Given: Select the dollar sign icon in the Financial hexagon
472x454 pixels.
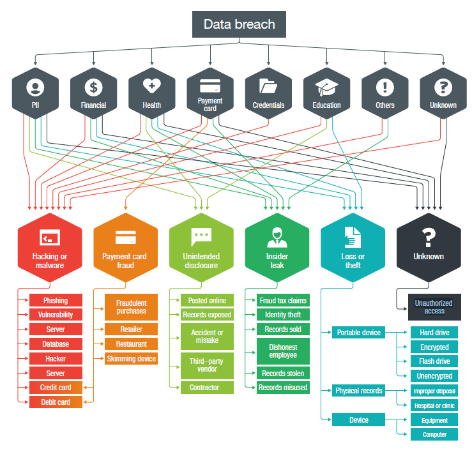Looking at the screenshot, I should (x=93, y=87).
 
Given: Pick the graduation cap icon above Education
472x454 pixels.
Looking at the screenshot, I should (x=326, y=86).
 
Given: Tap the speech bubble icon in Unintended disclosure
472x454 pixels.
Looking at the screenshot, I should (x=201, y=236).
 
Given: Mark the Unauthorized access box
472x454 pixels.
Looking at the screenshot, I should (x=434, y=306).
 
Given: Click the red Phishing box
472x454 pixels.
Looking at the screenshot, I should (x=56, y=300).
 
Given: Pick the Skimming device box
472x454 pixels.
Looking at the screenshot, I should (x=131, y=359).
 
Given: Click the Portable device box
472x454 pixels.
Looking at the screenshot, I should (x=358, y=333).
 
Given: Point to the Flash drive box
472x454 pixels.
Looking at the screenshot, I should (x=434, y=361).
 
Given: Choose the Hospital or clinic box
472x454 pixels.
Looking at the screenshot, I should (x=434, y=405).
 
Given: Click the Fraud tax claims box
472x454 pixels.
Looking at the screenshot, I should (x=282, y=300).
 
